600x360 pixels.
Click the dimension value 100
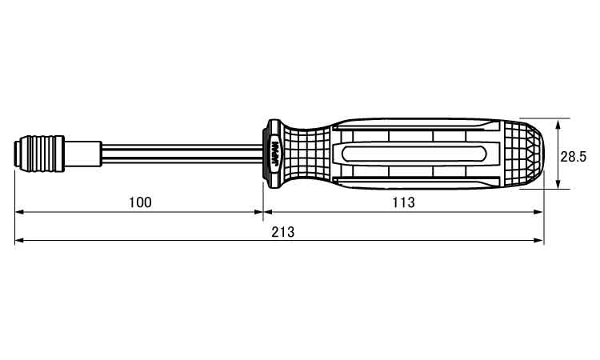point(140,202)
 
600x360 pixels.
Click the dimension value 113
point(403,202)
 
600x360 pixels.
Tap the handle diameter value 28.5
point(574,157)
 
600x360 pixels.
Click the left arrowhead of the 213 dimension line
point(19,241)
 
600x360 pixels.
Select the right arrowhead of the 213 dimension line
point(540,241)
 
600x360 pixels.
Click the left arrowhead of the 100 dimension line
point(19,212)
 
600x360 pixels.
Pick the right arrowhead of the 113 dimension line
point(540,212)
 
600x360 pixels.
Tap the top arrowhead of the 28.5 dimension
point(558,122)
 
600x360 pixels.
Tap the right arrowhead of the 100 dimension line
point(258,212)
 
